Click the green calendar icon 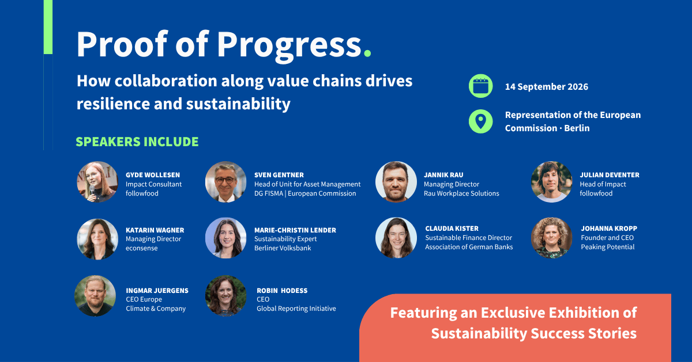point(480,86)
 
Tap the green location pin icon point(480,121)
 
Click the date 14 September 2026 point(547,87)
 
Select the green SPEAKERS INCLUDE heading point(137,142)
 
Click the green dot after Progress point(367,53)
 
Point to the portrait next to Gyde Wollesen point(97,182)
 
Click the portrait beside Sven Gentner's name point(226,182)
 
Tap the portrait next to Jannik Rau point(396,182)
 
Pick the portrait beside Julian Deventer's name point(551,182)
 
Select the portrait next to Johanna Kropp point(551,238)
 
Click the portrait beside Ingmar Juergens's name point(95,296)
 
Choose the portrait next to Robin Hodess point(226,296)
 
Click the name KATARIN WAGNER point(155,230)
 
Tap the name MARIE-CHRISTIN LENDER point(295,230)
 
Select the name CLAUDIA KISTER point(452,228)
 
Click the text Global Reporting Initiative point(296,308)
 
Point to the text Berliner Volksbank point(283,248)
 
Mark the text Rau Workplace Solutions point(461,193)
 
